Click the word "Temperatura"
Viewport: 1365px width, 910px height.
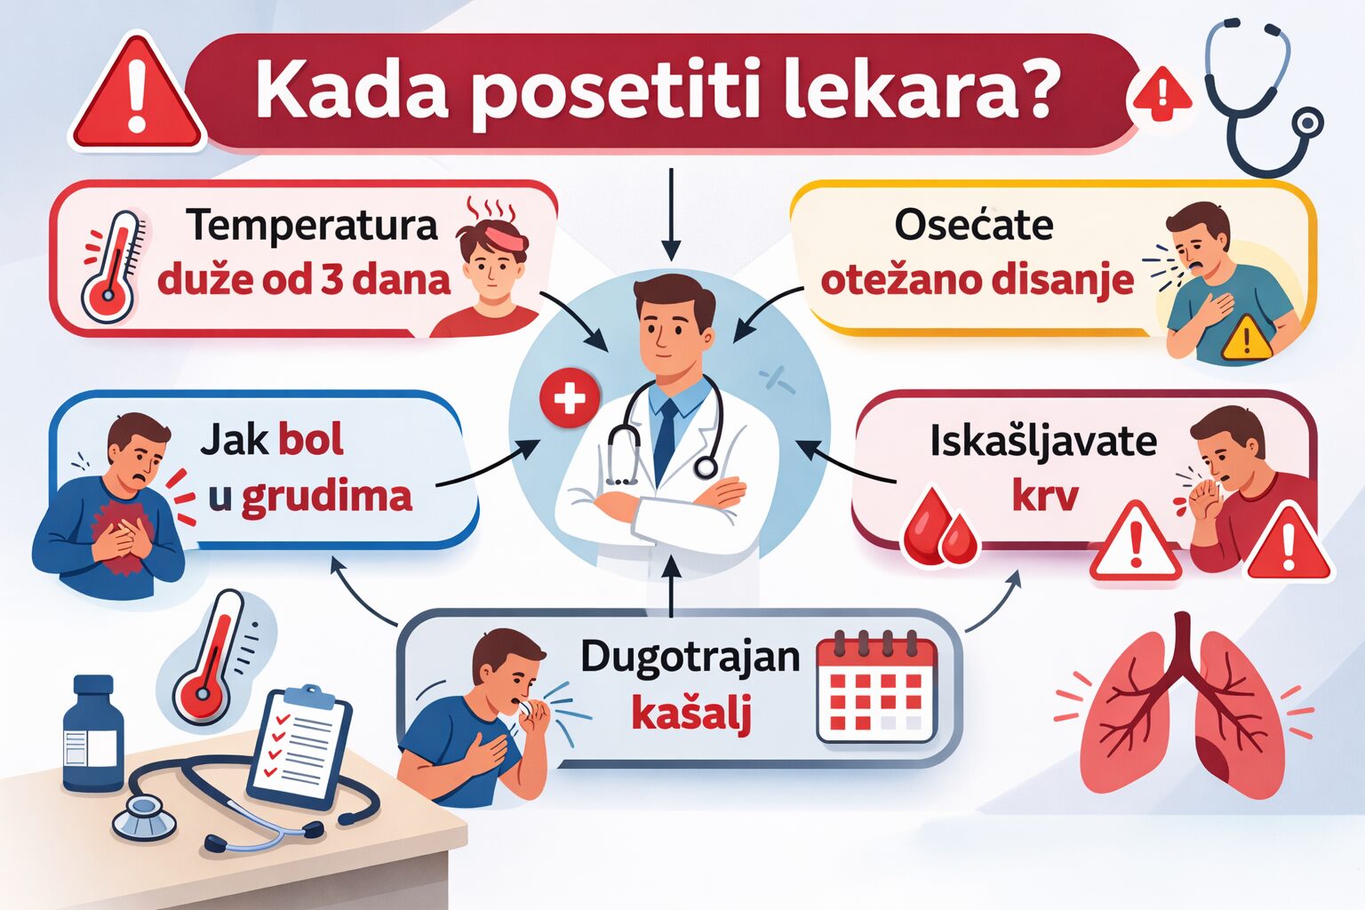[312, 225]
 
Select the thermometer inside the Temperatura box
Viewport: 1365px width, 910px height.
[112, 267]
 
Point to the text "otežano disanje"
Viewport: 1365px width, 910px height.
[977, 280]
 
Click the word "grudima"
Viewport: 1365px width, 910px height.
[327, 496]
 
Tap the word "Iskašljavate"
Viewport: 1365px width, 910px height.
[1042, 441]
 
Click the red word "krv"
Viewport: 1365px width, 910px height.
[1044, 496]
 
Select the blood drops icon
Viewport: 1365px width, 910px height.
[939, 529]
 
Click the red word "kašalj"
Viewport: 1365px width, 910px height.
[690, 713]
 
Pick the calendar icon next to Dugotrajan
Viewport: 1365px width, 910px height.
[876, 689]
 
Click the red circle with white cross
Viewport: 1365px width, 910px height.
[570, 398]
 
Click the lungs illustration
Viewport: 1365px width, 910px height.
[1183, 706]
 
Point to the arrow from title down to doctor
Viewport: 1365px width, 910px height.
[671, 213]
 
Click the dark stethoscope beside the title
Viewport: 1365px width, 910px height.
[1257, 98]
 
